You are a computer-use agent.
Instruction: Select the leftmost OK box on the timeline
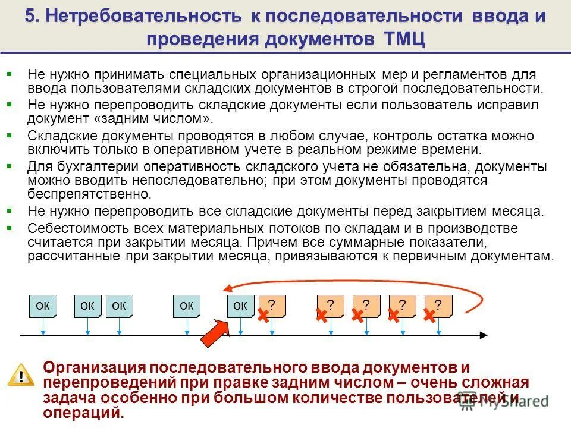(x=42, y=306)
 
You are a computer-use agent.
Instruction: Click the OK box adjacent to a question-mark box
(x=240, y=306)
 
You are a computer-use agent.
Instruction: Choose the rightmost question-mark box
(x=438, y=306)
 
